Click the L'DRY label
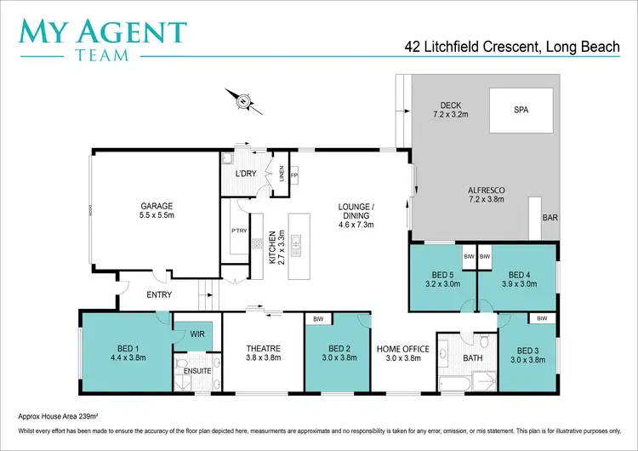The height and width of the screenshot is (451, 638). pyautogui.click(x=246, y=174)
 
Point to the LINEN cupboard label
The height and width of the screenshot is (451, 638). pyautogui.click(x=282, y=174)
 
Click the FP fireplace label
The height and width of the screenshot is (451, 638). pyautogui.click(x=294, y=174)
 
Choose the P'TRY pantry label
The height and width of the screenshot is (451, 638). pyautogui.click(x=239, y=230)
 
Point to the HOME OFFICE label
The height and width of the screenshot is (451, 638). pyautogui.click(x=403, y=349)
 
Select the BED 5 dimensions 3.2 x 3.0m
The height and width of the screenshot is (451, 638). pyautogui.click(x=441, y=285)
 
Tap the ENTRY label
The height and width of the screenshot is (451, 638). pyautogui.click(x=159, y=295)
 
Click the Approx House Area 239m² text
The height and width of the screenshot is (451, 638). pyautogui.click(x=58, y=418)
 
